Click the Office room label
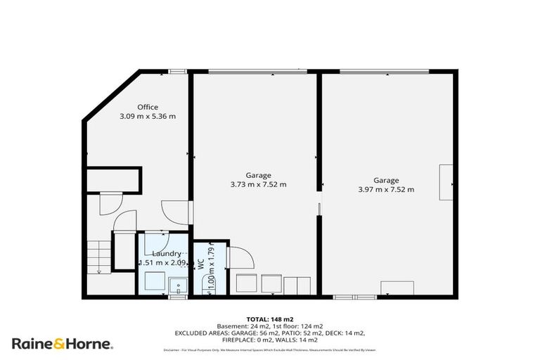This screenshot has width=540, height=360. click(148, 107)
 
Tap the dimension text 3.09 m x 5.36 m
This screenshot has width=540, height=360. click(148, 116)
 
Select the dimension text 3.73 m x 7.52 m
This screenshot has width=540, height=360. click(258, 185)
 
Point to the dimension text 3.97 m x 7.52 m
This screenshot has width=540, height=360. click(386, 189)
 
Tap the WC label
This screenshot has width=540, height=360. click(200, 265)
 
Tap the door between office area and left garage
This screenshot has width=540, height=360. click(173, 212)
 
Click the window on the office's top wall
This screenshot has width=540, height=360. click(177, 70)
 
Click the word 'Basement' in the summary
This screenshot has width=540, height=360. click(233, 326)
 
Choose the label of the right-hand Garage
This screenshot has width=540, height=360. click(386, 180)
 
